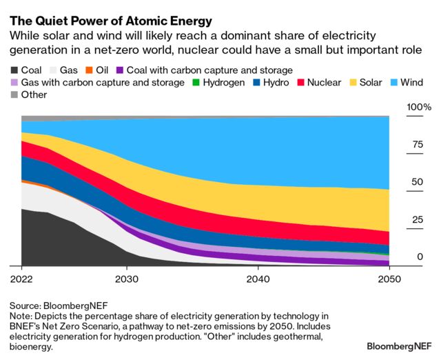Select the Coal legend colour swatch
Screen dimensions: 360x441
click(15, 70)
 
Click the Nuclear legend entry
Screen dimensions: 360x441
click(317, 83)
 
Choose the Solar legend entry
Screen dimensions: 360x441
click(367, 83)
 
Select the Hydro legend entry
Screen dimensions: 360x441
click(270, 83)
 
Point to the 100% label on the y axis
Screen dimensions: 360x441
click(418, 108)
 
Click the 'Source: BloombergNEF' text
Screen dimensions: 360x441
click(59, 304)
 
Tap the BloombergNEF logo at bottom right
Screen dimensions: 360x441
click(400, 343)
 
